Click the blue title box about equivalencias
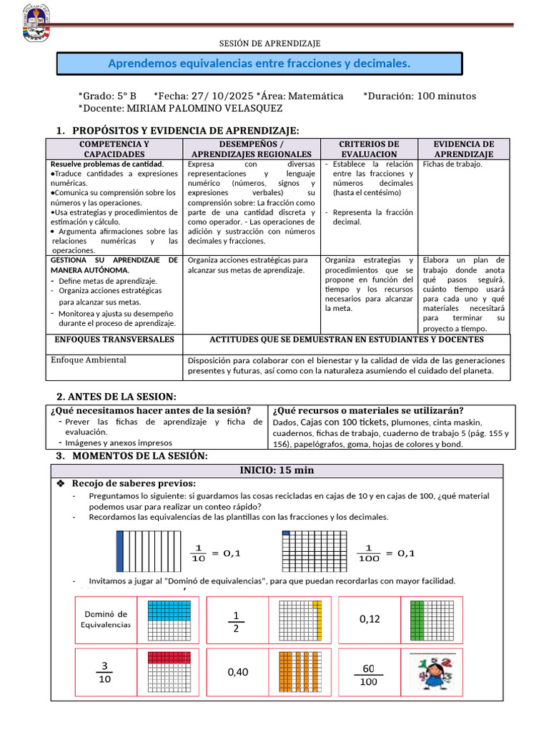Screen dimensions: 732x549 pos(259,64)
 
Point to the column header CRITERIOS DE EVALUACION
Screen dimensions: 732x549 pos(369,149)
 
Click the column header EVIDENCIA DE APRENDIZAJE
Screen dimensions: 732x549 pos(463,149)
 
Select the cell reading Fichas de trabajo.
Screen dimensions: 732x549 pos(452,164)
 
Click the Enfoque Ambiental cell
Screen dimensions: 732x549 pos(89,360)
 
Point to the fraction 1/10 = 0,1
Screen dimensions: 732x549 pos(215,553)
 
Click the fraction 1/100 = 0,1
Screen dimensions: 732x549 pos(385,553)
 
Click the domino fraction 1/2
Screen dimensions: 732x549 pos(235,620)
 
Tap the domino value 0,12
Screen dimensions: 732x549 pos(370,619)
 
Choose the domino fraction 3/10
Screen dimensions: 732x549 pos(105,672)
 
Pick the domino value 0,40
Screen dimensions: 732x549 pos(238,672)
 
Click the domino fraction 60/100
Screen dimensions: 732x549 pos(368,673)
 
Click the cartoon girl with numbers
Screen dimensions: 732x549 pos(435,673)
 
